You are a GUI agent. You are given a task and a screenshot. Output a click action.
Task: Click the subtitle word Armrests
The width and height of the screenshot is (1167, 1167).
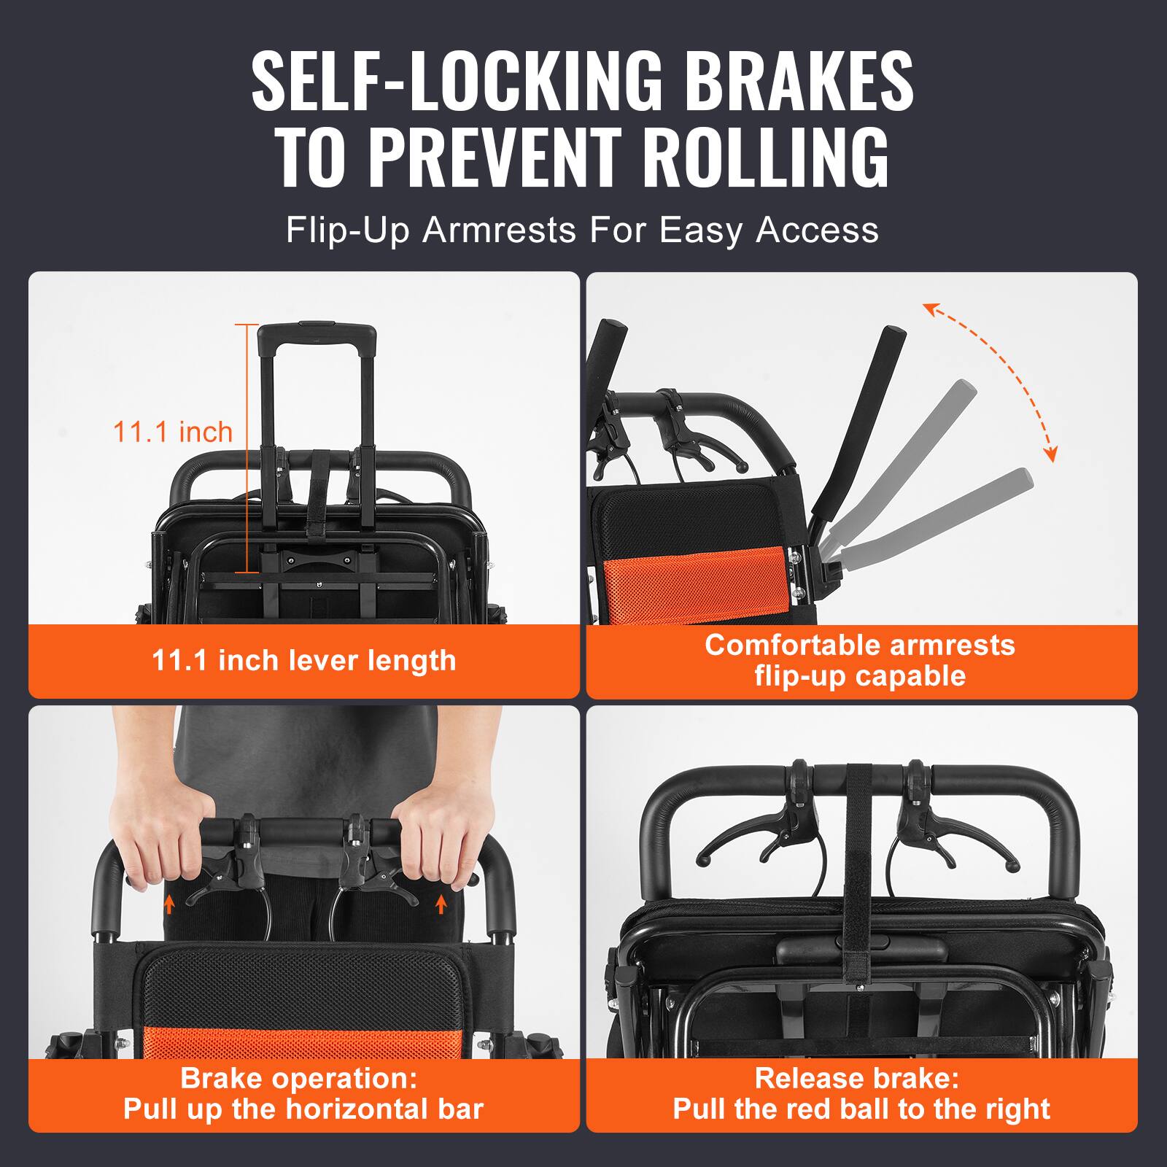[x=499, y=230]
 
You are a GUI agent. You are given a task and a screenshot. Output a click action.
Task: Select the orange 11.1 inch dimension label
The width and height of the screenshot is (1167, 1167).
[x=172, y=432]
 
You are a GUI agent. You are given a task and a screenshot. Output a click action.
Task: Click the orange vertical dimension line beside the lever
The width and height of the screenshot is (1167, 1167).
[x=247, y=449]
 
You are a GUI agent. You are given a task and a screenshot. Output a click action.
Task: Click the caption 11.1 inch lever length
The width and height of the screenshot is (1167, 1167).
[x=303, y=661]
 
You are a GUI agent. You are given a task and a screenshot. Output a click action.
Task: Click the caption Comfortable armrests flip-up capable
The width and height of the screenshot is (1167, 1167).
[x=861, y=660]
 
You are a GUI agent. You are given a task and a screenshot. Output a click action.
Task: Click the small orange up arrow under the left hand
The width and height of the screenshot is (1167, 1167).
[x=169, y=905]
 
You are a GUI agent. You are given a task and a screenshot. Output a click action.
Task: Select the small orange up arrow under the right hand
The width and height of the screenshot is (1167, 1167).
[x=440, y=905]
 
